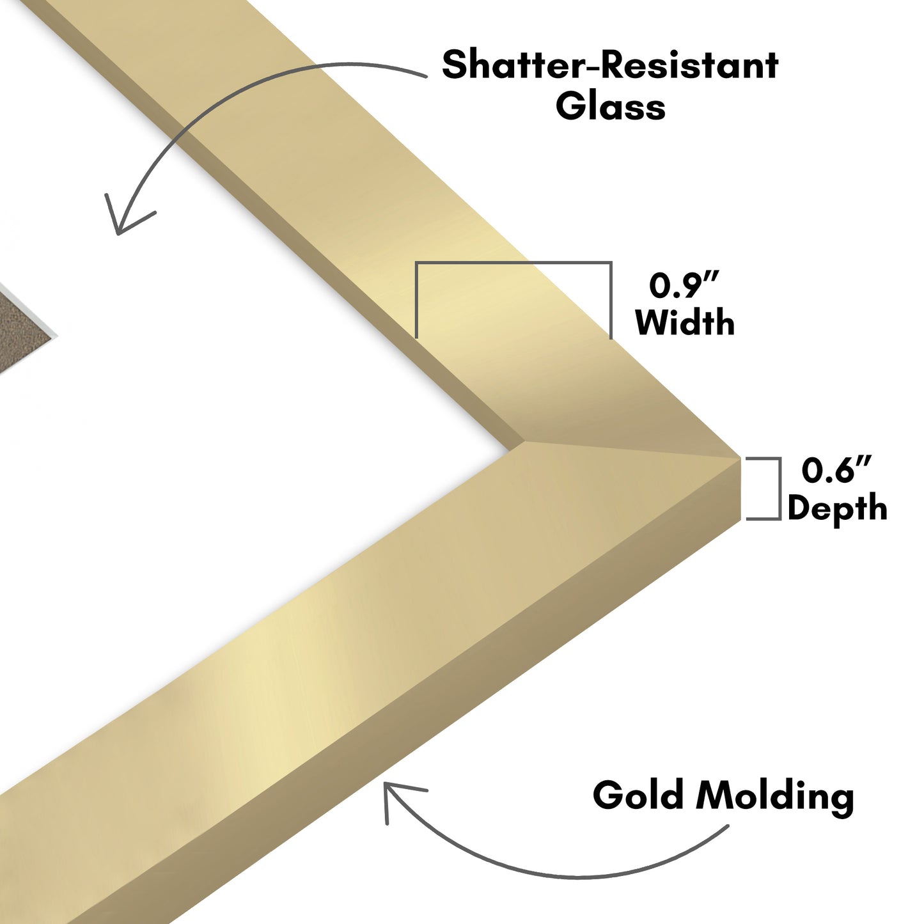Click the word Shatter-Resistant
tap(610, 65)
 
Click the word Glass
tap(611, 106)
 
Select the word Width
tap(685, 322)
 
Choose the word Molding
tap(776, 798)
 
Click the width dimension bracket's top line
tap(513, 263)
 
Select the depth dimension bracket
tap(764, 489)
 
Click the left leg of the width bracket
tap(416, 300)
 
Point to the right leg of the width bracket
tap(611, 301)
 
